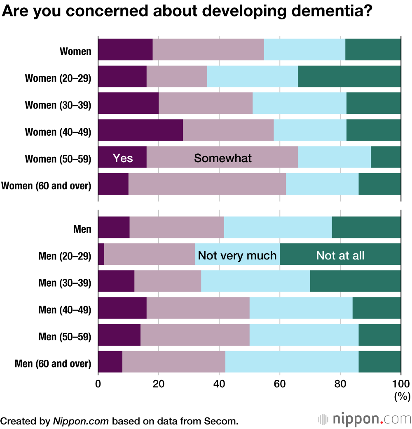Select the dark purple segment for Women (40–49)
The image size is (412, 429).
(x=140, y=130)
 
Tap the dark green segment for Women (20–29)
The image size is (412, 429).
(x=349, y=76)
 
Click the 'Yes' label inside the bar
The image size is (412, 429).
(x=123, y=158)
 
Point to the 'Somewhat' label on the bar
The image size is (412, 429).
(x=223, y=158)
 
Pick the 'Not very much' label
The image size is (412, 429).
(x=237, y=255)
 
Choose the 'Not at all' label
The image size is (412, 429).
(x=340, y=255)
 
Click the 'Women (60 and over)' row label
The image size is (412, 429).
(x=46, y=186)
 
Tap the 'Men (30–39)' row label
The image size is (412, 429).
(x=65, y=283)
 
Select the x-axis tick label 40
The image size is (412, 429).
(x=219, y=384)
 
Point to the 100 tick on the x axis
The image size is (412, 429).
(x=401, y=384)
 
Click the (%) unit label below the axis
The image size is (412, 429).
(x=402, y=397)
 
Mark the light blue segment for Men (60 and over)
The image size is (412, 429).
(x=292, y=362)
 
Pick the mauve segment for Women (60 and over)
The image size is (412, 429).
(x=207, y=184)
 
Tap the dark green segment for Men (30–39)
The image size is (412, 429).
(x=356, y=281)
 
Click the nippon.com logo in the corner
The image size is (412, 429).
(x=365, y=420)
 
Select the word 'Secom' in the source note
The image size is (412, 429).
(x=222, y=421)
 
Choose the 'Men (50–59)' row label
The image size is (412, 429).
(x=65, y=337)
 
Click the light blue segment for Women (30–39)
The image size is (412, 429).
(x=300, y=103)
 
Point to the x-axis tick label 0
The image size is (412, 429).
(x=98, y=384)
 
